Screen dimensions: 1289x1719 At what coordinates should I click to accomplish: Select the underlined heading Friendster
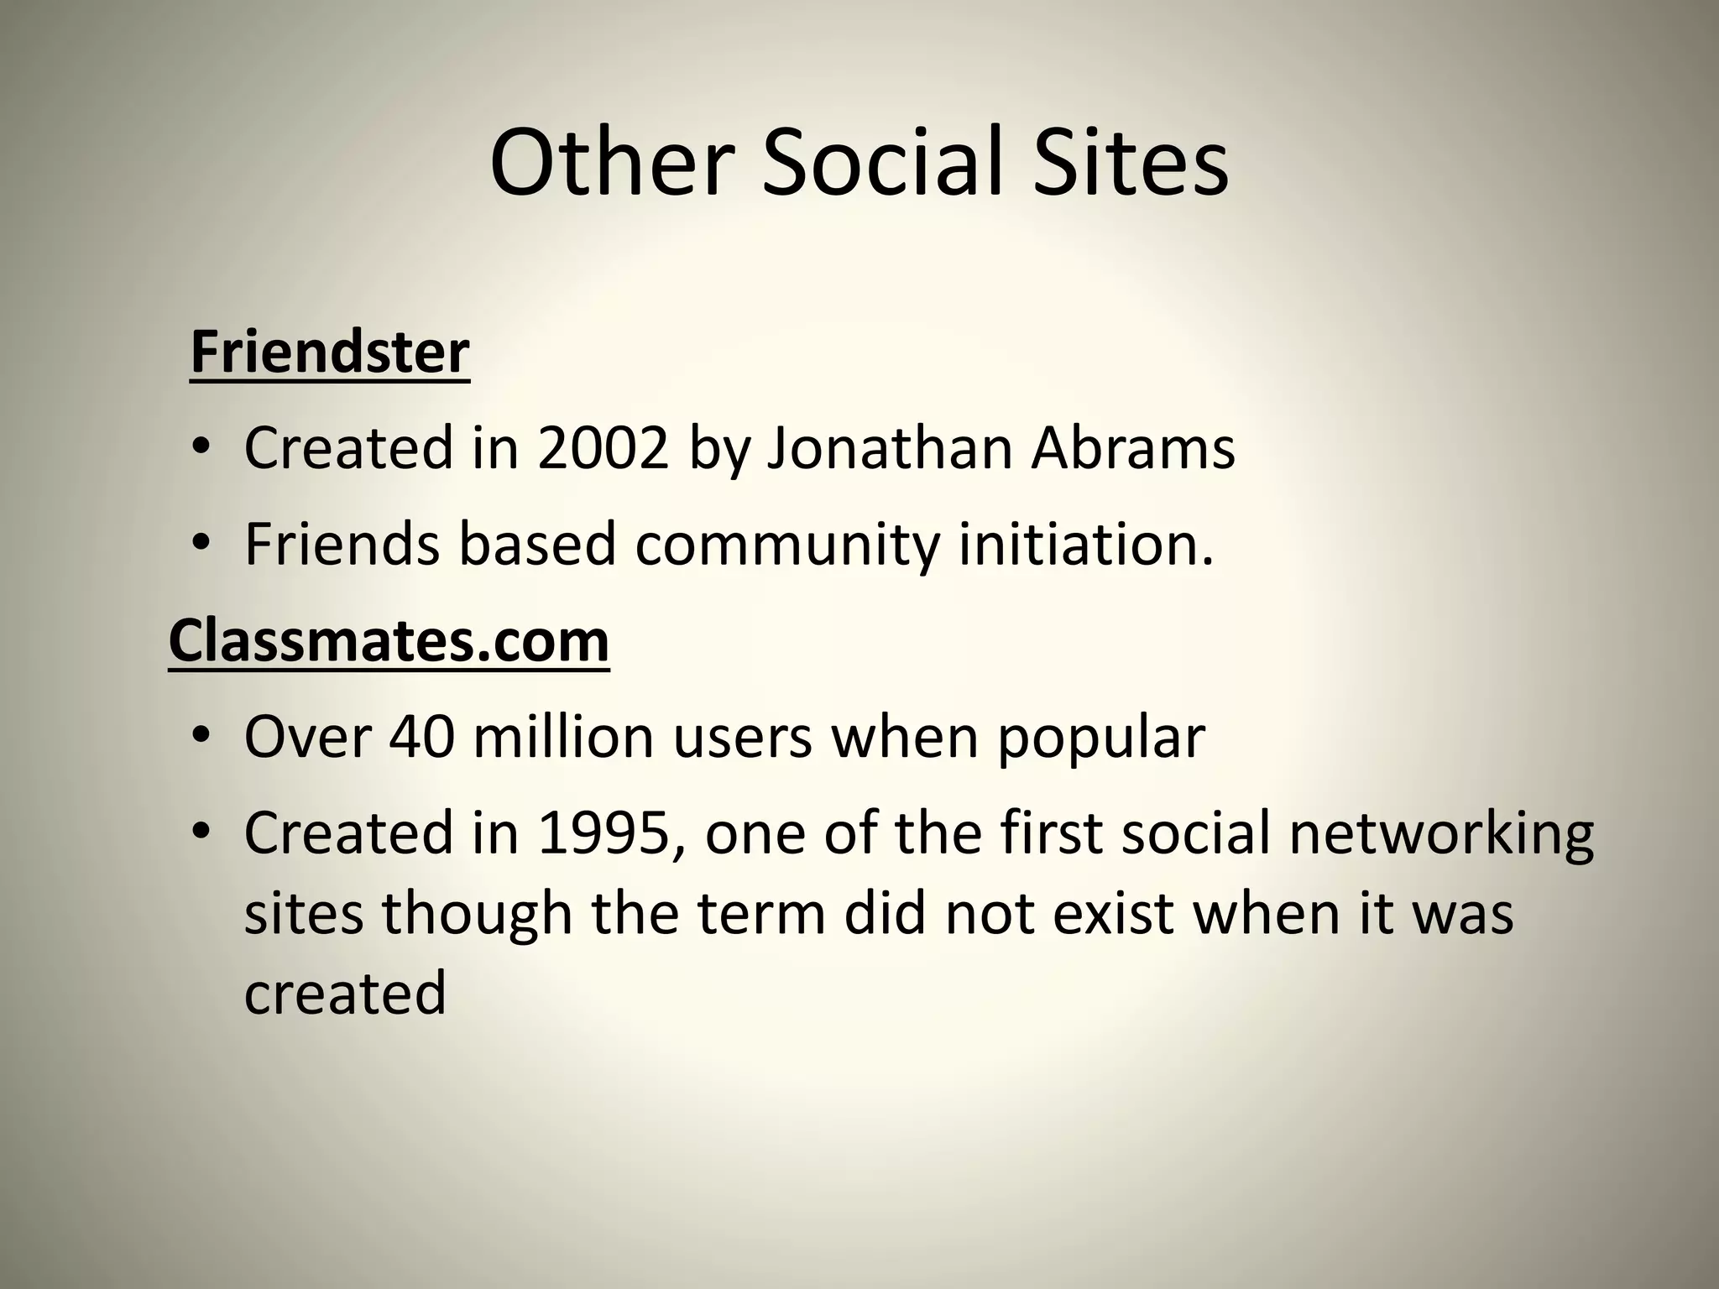pyautogui.click(x=329, y=352)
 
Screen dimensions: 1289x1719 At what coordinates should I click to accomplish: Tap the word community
pyautogui.click(x=787, y=544)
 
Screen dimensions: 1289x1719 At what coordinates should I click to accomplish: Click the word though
pyautogui.click(x=477, y=913)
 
